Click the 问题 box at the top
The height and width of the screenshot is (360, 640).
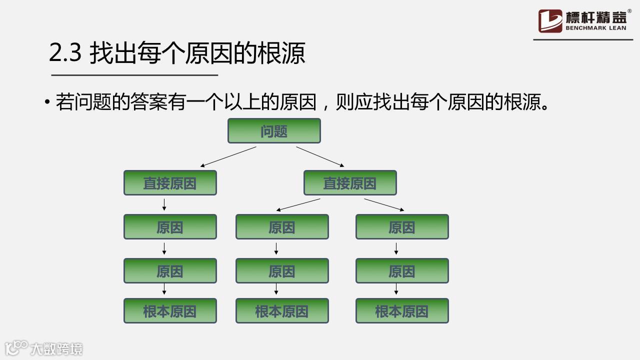[274, 131]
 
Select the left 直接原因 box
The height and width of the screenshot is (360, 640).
[170, 183]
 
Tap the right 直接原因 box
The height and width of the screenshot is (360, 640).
[350, 183]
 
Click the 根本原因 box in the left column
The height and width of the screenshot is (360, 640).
[170, 311]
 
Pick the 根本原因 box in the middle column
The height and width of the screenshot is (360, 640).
[282, 311]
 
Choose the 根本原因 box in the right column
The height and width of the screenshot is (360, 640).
[402, 311]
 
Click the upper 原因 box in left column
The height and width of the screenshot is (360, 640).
[170, 227]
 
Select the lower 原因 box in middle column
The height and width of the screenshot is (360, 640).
[282, 271]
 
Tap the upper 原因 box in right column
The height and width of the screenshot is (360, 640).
[402, 227]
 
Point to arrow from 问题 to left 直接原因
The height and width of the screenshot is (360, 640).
[228, 156]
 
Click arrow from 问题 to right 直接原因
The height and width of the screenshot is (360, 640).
[320, 156]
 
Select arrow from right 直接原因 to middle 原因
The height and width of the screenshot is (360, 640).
[298, 204]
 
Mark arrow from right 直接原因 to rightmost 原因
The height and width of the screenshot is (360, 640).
[384, 204]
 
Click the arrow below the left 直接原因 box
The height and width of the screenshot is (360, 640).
[164, 204]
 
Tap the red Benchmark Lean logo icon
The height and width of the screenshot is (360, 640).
[550, 21]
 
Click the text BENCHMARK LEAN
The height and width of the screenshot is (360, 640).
[595, 28]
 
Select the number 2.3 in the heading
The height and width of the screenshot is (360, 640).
[65, 53]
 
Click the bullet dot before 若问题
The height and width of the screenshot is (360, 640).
[47, 102]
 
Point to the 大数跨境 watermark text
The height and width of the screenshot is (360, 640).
[56, 348]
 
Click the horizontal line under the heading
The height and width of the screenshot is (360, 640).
[134, 75]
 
